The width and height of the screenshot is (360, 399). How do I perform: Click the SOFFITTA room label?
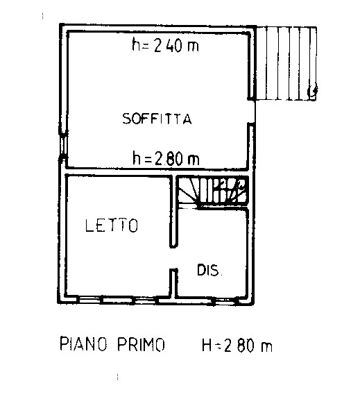pyautogui.click(x=157, y=119)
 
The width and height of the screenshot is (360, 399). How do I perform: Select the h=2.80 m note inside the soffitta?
pyautogui.click(x=166, y=159)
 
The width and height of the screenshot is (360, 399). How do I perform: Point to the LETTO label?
pyautogui.click(x=112, y=226)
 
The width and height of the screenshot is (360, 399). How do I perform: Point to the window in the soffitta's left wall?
pyautogui.click(x=64, y=146)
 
